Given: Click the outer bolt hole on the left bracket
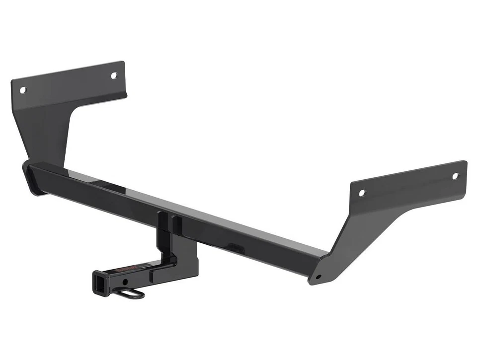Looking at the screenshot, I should coord(22,90).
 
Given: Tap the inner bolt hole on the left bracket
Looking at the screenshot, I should coord(113,75).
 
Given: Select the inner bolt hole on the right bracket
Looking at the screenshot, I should coord(362,192).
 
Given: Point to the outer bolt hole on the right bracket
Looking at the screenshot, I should coord(455,176).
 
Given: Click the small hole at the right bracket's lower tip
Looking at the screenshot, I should coord(318,277).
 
